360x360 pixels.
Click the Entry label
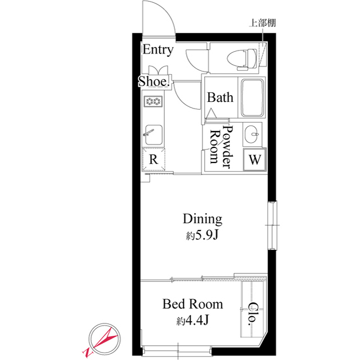coord(157,50)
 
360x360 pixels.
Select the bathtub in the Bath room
coord(252,98)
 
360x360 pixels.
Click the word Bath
coord(220,97)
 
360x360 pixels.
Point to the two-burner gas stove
coord(153,101)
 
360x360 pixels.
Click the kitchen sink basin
coord(154,134)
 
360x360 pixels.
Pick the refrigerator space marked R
coord(154,159)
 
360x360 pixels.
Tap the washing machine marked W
coord(255,160)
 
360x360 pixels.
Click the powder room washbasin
coord(252,134)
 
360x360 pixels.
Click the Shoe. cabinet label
coord(154,82)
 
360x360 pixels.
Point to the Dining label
coord(202,219)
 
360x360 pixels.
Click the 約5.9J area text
coord(202,235)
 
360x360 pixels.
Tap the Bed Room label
coord(192,304)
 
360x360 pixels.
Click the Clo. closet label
coord(253,314)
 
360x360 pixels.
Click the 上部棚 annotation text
coord(263,23)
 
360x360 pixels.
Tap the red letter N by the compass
coord(87,353)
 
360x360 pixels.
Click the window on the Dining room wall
coord(272,225)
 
